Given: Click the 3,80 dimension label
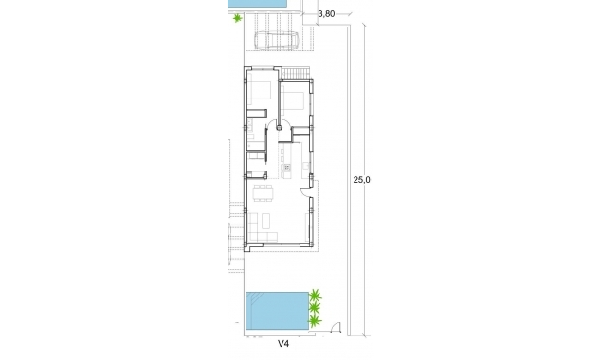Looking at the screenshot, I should coord(326,13).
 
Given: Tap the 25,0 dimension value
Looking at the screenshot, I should coord(361,179).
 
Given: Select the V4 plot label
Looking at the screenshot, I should coord(283,345).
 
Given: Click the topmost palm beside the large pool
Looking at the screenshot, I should coord(316,295).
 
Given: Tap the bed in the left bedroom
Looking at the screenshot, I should coord(260,94).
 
